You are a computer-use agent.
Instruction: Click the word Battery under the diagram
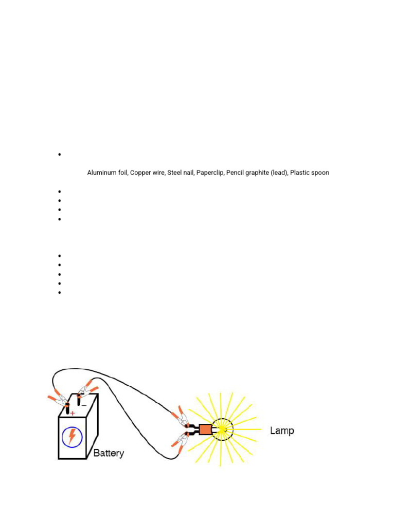tap(109, 454)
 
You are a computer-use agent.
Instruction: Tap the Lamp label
tap(282, 430)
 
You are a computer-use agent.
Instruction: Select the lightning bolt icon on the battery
tap(72, 437)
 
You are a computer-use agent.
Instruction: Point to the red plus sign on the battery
tap(73, 413)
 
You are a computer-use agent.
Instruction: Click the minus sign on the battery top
tap(84, 405)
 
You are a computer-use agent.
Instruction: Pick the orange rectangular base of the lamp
tap(205, 429)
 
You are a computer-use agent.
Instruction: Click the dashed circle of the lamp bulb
tap(223, 429)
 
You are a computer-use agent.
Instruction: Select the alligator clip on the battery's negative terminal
tap(85, 388)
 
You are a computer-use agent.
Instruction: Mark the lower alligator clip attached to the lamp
tap(181, 441)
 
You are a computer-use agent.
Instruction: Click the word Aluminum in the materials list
tap(100, 173)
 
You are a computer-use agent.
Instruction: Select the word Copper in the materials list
tap(140, 173)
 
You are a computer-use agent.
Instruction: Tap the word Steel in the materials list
tap(174, 173)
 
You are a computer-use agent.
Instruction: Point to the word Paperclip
tap(210, 173)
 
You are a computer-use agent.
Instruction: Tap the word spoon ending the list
tap(320, 173)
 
